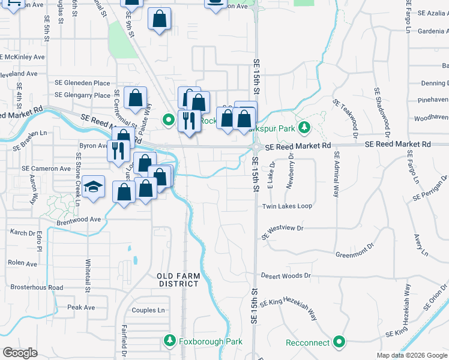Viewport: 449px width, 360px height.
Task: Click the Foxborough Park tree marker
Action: [x=170, y=341]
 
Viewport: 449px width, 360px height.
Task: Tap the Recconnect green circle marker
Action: [x=339, y=343]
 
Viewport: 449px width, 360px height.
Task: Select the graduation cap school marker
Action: [x=94, y=188]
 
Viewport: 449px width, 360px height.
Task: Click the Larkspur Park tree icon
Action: [x=304, y=127]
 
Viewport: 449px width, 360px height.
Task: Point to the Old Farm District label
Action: [x=178, y=280]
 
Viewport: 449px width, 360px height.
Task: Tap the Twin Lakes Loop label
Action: [x=287, y=206]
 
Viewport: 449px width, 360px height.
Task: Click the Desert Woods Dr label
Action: [x=285, y=276]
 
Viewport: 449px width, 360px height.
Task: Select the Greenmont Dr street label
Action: [x=355, y=254]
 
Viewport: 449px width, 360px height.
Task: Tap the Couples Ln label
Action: [x=148, y=310]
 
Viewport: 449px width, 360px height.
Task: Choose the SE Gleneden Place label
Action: [x=82, y=83]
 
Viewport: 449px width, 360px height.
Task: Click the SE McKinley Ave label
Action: [x=23, y=57]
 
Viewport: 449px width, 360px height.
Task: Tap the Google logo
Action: [x=20, y=353]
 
